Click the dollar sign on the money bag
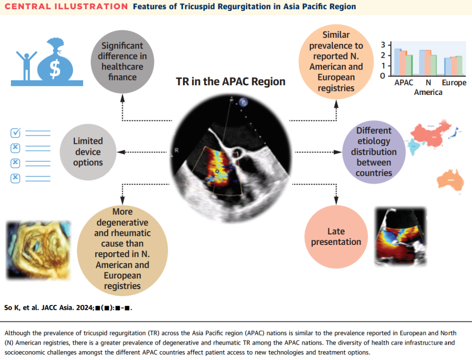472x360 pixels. [x=55, y=68]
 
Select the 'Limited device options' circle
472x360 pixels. [x=88, y=152]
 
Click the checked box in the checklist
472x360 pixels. [x=15, y=133]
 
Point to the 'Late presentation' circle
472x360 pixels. [x=336, y=237]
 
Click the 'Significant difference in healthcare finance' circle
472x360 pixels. [x=122, y=61]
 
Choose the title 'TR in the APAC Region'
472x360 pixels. [x=231, y=82]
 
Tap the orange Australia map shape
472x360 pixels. [x=450, y=180]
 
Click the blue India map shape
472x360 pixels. [x=414, y=147]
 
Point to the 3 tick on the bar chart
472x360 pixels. [x=383, y=45]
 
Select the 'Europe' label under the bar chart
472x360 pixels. [x=454, y=83]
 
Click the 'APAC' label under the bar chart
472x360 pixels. [x=404, y=83]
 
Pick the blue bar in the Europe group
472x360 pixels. [x=448, y=66]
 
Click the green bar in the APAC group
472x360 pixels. [x=409, y=65]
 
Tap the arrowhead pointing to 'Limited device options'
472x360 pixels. [x=121, y=152]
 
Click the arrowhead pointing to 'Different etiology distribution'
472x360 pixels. [x=338, y=152]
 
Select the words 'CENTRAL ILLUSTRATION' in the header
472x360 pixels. [x=66, y=6]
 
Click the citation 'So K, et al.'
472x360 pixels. [x=21, y=308]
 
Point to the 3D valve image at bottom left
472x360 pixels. [x=38, y=250]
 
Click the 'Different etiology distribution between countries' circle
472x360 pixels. [x=374, y=152]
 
